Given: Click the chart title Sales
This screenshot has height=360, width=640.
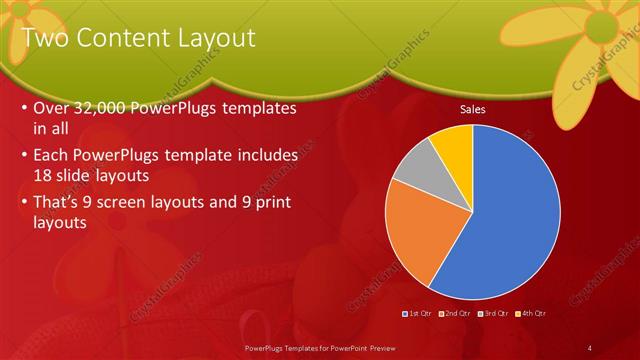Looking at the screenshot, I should pyautogui.click(x=472, y=109).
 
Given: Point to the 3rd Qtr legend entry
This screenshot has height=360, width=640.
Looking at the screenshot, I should pyautogui.click(x=493, y=313).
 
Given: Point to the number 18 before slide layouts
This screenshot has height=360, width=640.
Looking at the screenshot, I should pyautogui.click(x=46, y=174).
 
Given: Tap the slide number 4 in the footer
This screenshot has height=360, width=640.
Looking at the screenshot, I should pyautogui.click(x=590, y=347).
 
